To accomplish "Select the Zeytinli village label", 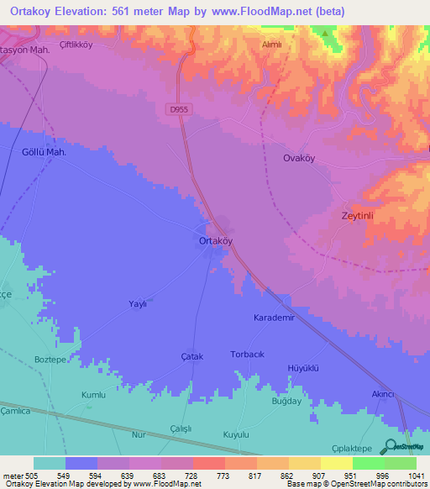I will (x=362, y=215).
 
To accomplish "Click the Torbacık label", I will (x=247, y=355).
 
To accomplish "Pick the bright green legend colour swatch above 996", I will (x=368, y=463).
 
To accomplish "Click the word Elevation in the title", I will (x=89, y=13).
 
